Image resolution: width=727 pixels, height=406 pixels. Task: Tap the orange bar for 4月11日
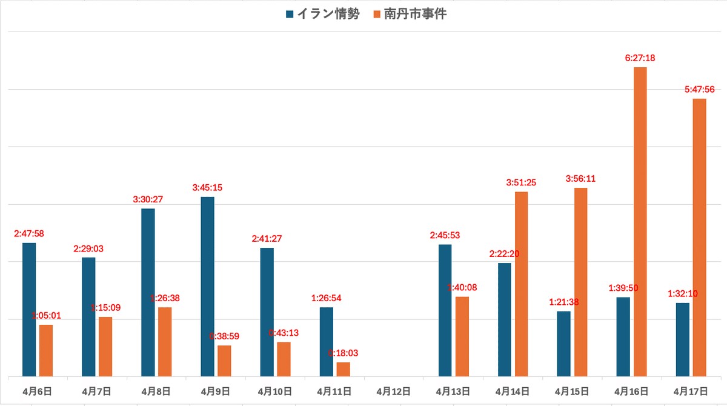pos(343,369)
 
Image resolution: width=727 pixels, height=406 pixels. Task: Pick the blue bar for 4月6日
pos(29,310)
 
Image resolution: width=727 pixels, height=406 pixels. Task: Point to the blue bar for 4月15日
pos(563,344)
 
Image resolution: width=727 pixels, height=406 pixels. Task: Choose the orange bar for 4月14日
pos(521,284)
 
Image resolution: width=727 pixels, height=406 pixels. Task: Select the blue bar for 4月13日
pos(445,310)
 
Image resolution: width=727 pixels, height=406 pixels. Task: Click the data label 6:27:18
pos(640,58)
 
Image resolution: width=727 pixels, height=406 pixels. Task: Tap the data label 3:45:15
pos(207,188)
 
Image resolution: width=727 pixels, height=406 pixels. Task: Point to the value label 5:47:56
pos(699,90)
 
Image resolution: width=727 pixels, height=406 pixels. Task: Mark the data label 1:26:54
pos(326,298)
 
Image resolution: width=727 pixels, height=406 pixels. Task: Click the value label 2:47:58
pos(29,233)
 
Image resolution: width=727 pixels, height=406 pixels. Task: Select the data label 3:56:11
pos(580,179)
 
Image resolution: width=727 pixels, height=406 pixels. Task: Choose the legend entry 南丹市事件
pos(415,14)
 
